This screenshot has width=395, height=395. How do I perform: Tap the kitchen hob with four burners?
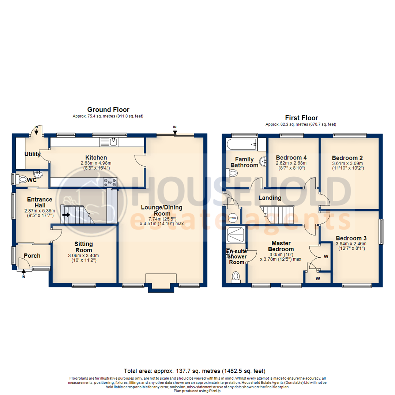(x=110, y=181)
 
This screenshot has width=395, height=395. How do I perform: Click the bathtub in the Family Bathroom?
(x=242, y=144)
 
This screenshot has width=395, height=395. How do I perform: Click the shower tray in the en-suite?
(x=236, y=234)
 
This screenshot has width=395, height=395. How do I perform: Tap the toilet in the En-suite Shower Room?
(x=236, y=277)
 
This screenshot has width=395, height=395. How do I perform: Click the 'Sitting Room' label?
(x=84, y=247)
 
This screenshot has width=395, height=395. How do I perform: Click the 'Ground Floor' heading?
(x=108, y=109)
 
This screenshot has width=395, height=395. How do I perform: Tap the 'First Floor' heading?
(x=301, y=118)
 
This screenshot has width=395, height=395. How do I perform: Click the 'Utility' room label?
(x=33, y=154)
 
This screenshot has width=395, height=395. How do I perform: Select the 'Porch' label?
(x=32, y=256)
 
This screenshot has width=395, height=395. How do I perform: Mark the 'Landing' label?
(x=270, y=198)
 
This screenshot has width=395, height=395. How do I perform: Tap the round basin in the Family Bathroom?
(x=263, y=161)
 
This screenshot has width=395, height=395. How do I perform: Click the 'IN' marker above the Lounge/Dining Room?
(x=175, y=127)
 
